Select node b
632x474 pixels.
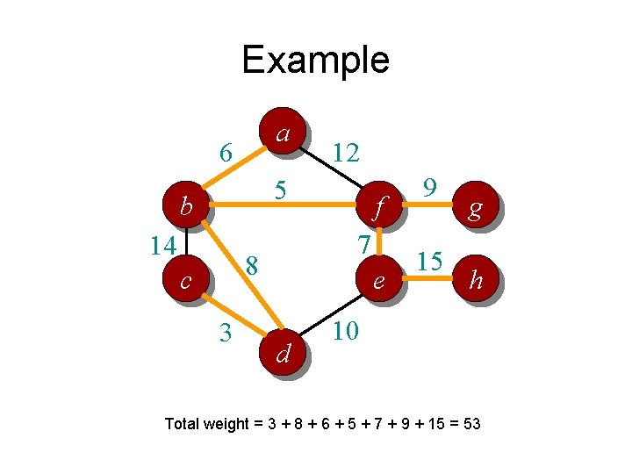click(186, 207)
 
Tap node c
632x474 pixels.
click(186, 281)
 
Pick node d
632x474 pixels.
click(283, 353)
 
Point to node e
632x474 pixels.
click(378, 281)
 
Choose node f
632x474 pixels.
click(378, 208)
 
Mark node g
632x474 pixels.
click(475, 208)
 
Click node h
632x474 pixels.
click(475, 280)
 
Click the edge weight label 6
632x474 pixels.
click(226, 153)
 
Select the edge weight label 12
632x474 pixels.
click(346, 154)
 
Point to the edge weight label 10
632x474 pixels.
click(346, 331)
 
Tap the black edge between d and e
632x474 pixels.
click(331, 317)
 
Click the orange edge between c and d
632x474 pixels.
click(233, 316)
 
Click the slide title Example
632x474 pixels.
click(315, 60)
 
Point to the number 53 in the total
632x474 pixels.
click(470, 424)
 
